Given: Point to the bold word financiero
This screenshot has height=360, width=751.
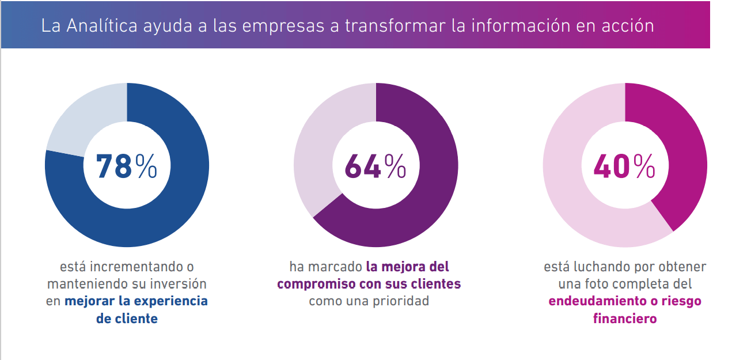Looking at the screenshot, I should (x=625, y=319).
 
